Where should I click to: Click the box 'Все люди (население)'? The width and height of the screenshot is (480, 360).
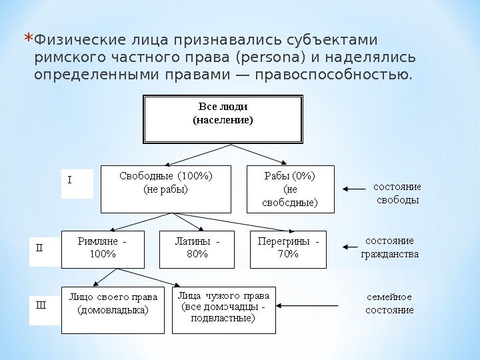223,119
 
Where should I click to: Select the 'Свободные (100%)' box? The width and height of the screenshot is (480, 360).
165,189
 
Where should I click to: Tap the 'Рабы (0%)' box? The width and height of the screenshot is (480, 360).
290,189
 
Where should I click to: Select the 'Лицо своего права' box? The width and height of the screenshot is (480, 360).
113,309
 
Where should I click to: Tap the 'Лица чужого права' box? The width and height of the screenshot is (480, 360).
224,309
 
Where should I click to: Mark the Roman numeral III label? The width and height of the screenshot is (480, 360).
40,305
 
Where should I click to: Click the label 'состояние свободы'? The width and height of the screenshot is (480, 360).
397,193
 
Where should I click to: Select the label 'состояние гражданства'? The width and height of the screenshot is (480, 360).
391,247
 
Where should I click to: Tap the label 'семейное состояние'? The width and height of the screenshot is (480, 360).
391,303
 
